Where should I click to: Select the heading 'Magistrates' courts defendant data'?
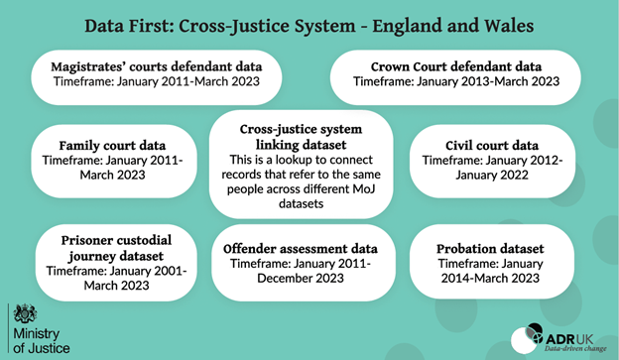(156, 66)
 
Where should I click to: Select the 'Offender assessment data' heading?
(300, 244)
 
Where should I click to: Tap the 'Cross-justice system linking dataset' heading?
(300, 138)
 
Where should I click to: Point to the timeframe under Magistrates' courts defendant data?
(156, 82)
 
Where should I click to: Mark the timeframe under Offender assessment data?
(300, 269)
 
